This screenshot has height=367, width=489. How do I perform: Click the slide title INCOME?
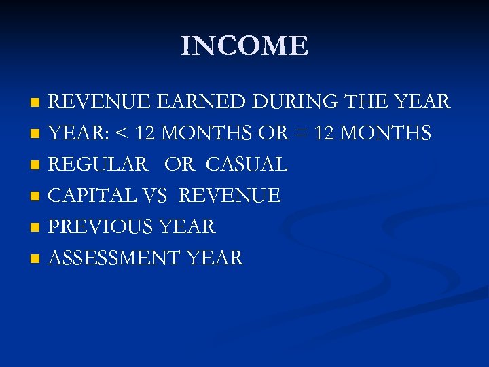pos(244,46)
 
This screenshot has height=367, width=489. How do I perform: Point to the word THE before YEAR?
pos(369,102)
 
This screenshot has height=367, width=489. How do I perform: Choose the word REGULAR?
pos(98,164)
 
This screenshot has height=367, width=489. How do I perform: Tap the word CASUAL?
pos(247,164)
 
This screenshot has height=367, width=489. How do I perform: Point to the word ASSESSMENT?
pos(114,258)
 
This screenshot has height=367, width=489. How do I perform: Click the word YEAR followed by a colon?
pos(75,134)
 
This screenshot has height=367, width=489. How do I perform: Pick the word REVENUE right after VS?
pos(230,196)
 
